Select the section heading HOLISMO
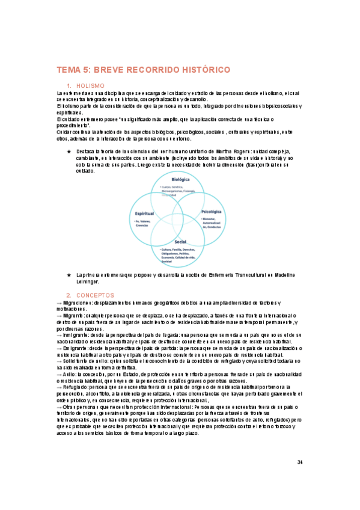click(x=91, y=86)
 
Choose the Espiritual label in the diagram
click(x=145, y=214)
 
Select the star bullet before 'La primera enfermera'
click(x=69, y=275)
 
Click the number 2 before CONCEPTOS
click(x=69, y=295)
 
